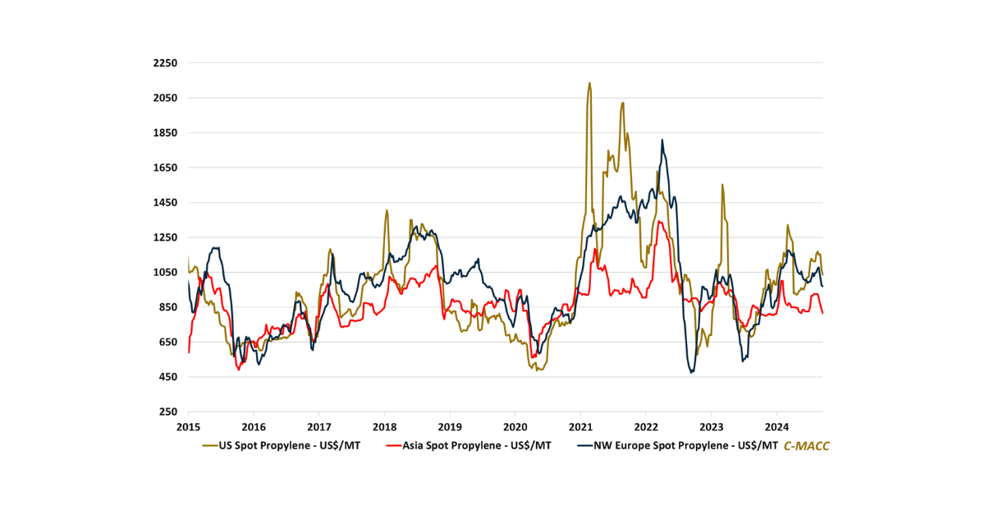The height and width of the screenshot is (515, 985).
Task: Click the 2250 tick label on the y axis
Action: pyautogui.click(x=166, y=63)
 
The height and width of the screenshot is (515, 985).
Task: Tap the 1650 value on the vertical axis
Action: pyautogui.click(x=166, y=168)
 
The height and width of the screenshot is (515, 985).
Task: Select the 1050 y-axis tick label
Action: pyautogui.click(x=166, y=273)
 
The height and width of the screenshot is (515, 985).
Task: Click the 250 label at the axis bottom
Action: pyautogui.click(x=169, y=412)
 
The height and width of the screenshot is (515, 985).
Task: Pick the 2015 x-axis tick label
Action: pyautogui.click(x=188, y=427)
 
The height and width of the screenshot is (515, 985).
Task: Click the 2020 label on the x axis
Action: pyautogui.click(x=515, y=427)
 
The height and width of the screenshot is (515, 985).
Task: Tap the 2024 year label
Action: pyautogui.click(x=777, y=427)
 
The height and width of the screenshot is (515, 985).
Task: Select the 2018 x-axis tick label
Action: pyautogui.click(x=384, y=427)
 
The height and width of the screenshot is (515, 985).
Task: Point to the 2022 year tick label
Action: pyautogui.click(x=645, y=427)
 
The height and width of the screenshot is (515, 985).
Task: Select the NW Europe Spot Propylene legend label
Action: pyautogui.click(x=680, y=446)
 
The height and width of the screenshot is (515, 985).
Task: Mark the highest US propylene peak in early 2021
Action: pyautogui.click(x=589, y=82)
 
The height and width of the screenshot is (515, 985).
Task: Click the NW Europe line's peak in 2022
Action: pyautogui.click(x=662, y=140)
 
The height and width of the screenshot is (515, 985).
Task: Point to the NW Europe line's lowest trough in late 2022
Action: pyautogui.click(x=692, y=372)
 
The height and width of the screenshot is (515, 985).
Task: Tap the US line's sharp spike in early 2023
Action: pyautogui.click(x=722, y=185)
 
